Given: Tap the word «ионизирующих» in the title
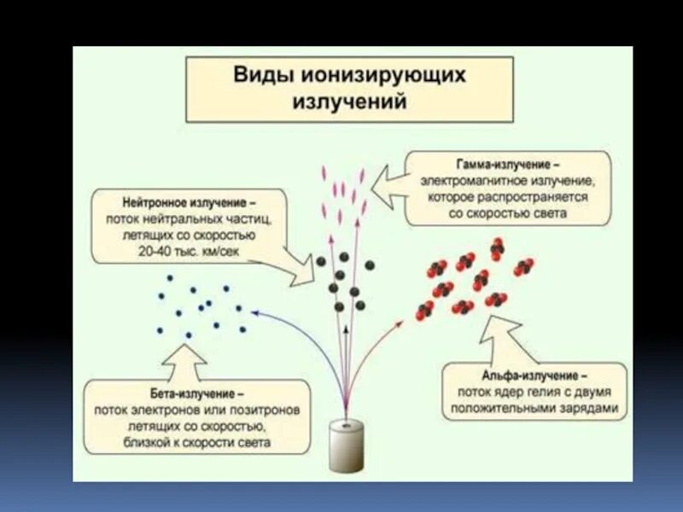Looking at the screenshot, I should click(x=382, y=75).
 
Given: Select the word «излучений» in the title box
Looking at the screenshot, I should click(x=349, y=102).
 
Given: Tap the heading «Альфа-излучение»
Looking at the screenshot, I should click(x=534, y=376).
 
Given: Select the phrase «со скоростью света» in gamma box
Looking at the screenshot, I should click(x=506, y=213).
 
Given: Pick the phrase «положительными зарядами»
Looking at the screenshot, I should click(x=534, y=410).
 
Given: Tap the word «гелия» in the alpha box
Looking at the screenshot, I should click(x=528, y=393).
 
